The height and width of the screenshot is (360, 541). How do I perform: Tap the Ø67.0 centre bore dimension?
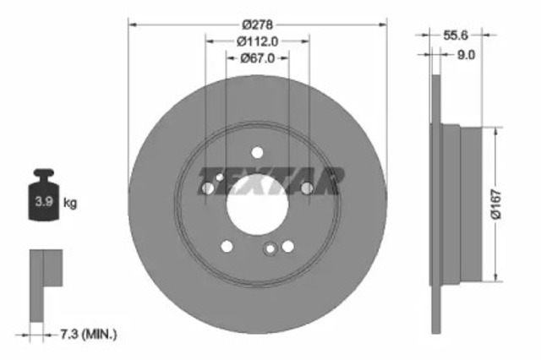pos(258,57)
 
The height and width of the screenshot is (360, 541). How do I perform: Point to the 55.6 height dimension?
pos(456,35)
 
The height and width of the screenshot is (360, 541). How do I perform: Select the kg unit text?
pos(71,203)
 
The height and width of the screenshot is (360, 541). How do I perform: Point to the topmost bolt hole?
pos(257,153)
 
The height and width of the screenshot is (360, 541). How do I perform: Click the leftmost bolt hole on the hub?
pos(207,188)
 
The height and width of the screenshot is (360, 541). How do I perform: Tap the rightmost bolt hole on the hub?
pos(307,188)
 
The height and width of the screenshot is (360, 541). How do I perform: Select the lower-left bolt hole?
pos(227,246)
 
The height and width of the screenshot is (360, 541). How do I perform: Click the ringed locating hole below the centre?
pos(270,249)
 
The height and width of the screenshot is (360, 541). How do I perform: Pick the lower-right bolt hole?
pos(288,246)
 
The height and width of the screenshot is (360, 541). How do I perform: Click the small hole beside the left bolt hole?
pos(219,177)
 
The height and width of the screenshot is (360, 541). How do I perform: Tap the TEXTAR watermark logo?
pos(270,180)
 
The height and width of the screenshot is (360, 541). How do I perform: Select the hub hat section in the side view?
pos(461,204)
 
